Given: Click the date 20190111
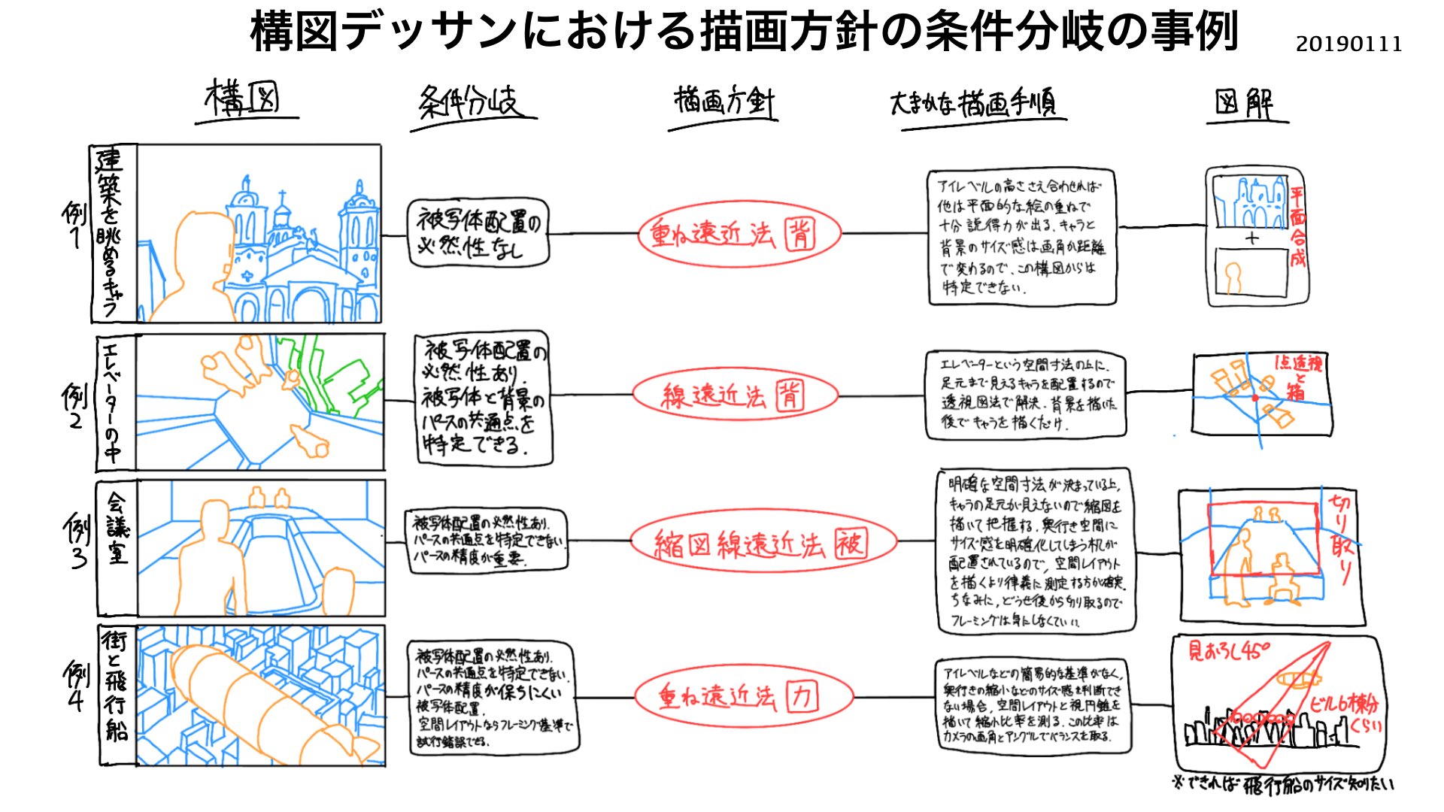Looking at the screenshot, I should click(1348, 44).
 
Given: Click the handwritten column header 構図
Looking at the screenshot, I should click(243, 99).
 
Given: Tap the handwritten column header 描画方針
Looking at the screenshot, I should click(724, 101).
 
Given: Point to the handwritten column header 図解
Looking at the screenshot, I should click(1245, 103).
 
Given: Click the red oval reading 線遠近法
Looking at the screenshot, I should click(735, 395).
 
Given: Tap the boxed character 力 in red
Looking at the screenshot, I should click(802, 697).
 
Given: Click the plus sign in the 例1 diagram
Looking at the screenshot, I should click(1251, 238).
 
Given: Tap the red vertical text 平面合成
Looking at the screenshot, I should click(1298, 227).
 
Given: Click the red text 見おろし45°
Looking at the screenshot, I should click(1228, 650).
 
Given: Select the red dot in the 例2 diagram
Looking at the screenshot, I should click(1254, 398).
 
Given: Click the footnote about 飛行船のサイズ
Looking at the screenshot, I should click(1283, 784).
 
